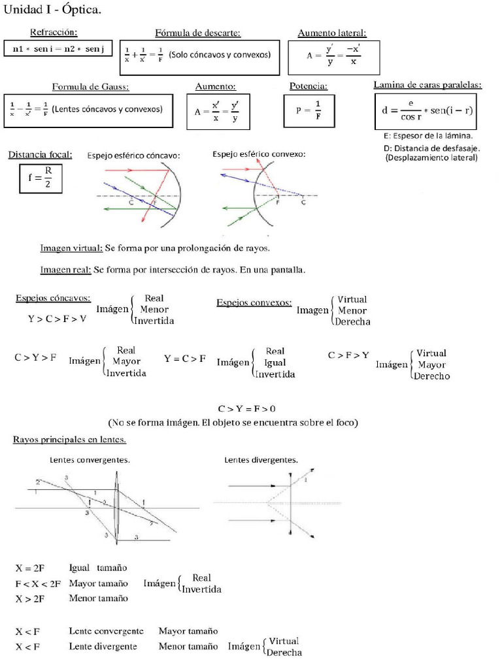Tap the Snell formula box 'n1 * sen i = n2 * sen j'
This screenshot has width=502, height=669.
pyautogui.click(x=59, y=50)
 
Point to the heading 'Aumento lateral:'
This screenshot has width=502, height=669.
pyautogui.click(x=332, y=33)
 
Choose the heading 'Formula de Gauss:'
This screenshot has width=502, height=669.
pyautogui.click(x=90, y=86)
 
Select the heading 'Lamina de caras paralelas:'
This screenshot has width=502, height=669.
pyautogui.click(x=427, y=85)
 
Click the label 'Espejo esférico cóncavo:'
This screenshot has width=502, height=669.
pyautogui.click(x=133, y=155)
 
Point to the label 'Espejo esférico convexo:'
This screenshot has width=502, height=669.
pyautogui.click(x=259, y=154)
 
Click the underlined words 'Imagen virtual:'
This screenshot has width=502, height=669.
pyautogui.click(x=71, y=248)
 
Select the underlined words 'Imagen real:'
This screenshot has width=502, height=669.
pyautogui.click(x=65, y=269)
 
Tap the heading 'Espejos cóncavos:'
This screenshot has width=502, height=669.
pyautogui.click(x=54, y=298)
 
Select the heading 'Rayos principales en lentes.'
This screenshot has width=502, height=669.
pyautogui.click(x=70, y=440)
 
